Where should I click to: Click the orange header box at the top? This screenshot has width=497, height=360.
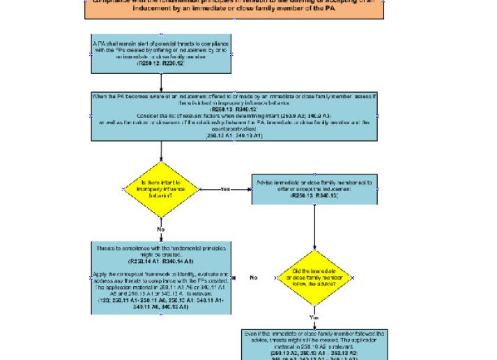click(234, 8)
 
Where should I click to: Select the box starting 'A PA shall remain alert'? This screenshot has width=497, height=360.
click(161, 54)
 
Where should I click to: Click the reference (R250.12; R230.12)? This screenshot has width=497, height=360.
click(161, 63)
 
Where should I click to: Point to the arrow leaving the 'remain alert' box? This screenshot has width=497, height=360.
click(161, 83)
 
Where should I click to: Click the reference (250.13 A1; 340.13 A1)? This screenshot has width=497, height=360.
click(234, 135)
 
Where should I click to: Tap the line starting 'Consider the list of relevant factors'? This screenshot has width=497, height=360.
click(234, 116)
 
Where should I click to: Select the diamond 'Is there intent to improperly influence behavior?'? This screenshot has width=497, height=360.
click(161, 190)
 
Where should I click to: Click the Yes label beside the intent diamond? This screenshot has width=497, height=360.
click(225, 189)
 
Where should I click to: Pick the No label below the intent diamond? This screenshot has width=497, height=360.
click(161, 229)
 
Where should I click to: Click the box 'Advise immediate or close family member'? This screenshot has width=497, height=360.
click(314, 189)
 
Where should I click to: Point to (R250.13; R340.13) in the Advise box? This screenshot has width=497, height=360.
click(314, 196)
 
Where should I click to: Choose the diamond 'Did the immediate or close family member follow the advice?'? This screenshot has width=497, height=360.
click(314, 278)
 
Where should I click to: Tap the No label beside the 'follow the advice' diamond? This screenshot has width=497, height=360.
click(254, 278)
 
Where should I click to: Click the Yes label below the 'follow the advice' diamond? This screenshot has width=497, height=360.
click(314, 317)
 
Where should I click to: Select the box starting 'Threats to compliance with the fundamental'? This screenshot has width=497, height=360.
click(161, 278)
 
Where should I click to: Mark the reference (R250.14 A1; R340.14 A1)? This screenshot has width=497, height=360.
click(161, 260)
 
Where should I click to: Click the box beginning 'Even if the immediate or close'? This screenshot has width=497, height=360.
click(314, 345)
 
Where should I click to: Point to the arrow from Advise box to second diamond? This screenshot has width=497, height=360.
click(314, 227)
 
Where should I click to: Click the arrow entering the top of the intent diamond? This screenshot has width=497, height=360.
click(161, 151)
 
